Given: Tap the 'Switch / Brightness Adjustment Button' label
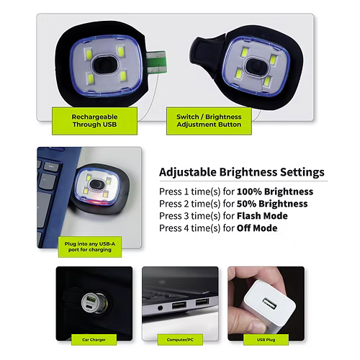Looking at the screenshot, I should pyautogui.click(x=209, y=120).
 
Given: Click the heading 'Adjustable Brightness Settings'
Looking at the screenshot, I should pyautogui.click(x=241, y=173).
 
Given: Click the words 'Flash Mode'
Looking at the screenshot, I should pyautogui.click(x=259, y=216).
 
